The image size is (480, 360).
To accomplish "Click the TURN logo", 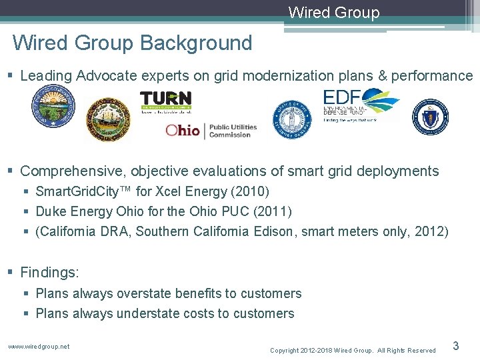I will coord(165,101).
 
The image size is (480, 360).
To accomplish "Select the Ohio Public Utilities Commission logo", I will coord(208,130).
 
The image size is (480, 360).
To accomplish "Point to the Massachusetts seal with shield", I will coord(429,117).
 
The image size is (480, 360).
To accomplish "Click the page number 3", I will coord(456,345).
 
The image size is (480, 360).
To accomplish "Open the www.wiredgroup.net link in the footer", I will coord(39,346).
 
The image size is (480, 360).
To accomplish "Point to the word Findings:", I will coord(50,273).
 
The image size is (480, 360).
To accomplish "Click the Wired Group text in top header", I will coord(334,13).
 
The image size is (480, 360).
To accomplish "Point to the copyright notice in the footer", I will coord(353,350).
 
